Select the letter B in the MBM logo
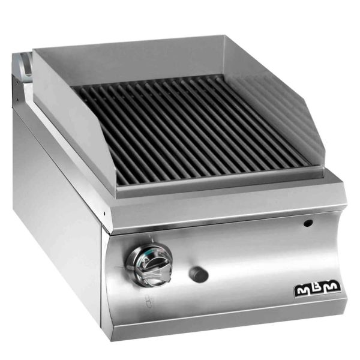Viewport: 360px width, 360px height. click(317, 288)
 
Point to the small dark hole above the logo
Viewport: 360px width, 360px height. click(308, 223)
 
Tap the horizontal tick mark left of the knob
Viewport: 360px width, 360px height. click(119, 267)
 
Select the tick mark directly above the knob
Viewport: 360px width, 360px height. click(149, 236)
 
